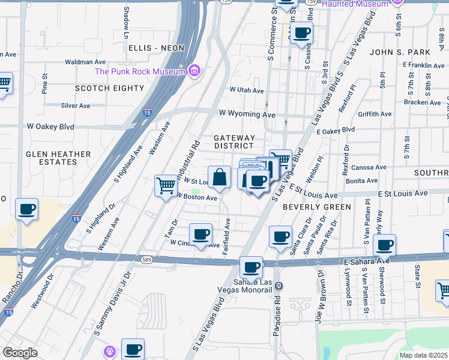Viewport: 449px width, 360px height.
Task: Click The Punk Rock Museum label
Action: (x=140, y=72)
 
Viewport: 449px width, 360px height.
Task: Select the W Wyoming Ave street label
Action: (x=247, y=114)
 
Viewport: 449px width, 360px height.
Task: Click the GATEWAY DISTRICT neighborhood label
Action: (x=235, y=142)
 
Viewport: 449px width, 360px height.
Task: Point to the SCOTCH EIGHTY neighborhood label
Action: (x=110, y=88)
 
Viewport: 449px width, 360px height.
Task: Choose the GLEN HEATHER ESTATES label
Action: (x=58, y=158)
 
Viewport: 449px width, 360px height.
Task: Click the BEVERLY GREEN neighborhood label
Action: (x=316, y=207)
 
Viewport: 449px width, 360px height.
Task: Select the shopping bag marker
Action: (x=220, y=178)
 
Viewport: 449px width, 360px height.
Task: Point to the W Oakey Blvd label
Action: (x=50, y=127)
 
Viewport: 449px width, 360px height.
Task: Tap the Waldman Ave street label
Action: (x=85, y=62)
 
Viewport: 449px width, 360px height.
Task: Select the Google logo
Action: (x=20, y=353)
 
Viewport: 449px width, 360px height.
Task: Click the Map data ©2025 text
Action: (x=424, y=355)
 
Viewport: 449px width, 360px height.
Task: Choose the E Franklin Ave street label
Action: (x=423, y=64)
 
